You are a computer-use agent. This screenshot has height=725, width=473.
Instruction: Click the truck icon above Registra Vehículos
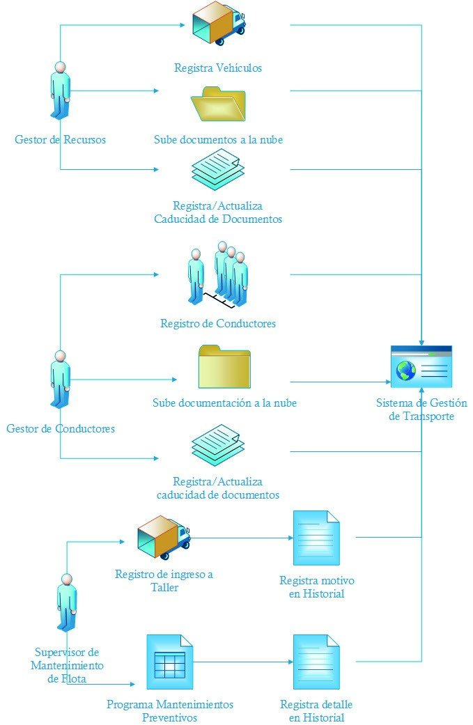click(219, 24)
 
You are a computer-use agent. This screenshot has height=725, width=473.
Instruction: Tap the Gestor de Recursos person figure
click(60, 91)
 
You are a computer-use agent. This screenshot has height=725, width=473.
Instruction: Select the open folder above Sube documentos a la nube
click(219, 104)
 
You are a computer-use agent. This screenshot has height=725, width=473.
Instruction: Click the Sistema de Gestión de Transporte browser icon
click(421, 367)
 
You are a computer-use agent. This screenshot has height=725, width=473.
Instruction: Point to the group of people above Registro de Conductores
click(217, 274)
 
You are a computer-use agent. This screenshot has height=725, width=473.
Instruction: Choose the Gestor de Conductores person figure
click(60, 380)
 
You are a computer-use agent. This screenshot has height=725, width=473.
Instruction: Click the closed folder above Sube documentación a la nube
click(224, 367)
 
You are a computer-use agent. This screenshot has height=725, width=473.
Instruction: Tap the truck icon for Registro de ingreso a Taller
click(164, 537)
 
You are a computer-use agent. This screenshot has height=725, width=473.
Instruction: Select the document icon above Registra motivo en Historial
click(316, 538)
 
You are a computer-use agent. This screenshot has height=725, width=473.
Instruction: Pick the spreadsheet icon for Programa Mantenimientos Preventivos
click(167, 662)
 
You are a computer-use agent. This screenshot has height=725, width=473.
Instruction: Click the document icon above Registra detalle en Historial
click(316, 662)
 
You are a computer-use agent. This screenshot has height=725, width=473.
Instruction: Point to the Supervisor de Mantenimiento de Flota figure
click(66, 602)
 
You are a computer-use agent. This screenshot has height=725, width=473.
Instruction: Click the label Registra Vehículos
click(218, 68)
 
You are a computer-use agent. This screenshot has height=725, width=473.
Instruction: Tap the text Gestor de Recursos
click(60, 139)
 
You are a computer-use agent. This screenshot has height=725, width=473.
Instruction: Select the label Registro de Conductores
click(218, 324)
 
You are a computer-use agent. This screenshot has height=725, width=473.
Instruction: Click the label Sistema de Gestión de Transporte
click(421, 410)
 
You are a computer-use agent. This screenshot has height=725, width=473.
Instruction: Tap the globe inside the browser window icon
click(405, 371)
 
